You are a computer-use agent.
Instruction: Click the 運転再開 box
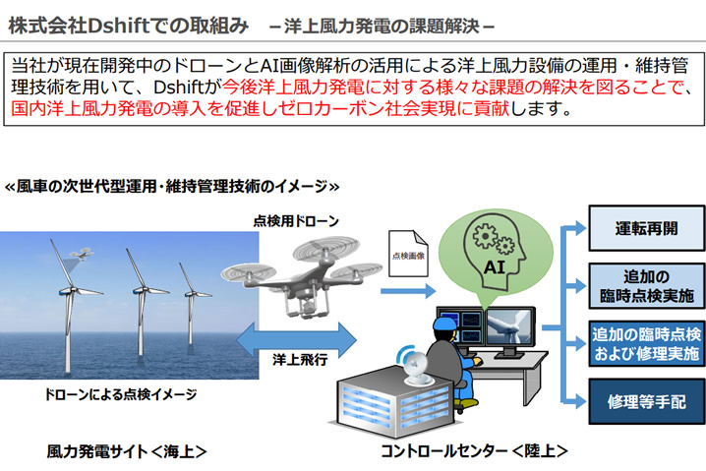(x=647, y=228)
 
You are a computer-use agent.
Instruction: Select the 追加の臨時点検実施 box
(x=647, y=286)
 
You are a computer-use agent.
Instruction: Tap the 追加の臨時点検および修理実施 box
(x=647, y=343)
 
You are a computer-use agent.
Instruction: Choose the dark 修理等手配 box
(x=647, y=401)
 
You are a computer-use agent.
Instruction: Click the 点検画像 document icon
(x=408, y=254)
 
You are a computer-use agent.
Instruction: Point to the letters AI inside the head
(x=495, y=267)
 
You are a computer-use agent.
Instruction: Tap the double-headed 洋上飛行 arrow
(x=296, y=340)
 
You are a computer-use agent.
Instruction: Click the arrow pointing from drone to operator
(x=408, y=291)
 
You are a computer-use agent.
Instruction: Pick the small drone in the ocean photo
(x=82, y=254)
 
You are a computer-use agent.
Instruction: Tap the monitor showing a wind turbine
(x=511, y=326)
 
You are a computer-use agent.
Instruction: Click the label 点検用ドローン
(x=296, y=221)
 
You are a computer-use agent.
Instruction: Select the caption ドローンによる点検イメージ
(x=121, y=395)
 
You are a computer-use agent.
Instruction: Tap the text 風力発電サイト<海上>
(x=127, y=451)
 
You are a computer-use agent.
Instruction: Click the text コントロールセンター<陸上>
(x=475, y=450)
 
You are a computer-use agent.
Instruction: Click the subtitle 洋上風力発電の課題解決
(x=382, y=27)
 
